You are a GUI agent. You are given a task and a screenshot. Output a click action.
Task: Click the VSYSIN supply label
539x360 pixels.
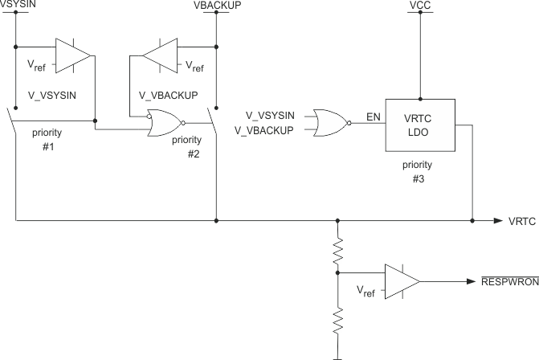point(15,5)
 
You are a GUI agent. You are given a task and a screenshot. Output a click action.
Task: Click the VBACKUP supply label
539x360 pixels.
point(217,5)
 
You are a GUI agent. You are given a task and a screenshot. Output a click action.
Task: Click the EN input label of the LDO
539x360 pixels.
point(374,117)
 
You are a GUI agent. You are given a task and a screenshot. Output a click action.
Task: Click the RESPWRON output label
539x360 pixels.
point(508,281)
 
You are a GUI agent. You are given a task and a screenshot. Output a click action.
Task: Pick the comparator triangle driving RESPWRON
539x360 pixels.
point(402,281)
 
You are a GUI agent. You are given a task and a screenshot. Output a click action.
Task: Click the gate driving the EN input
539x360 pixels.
point(330,123)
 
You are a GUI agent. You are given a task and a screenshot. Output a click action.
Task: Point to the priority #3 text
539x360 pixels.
point(419,173)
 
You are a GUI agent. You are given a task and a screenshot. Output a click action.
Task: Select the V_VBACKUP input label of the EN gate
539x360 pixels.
point(263,130)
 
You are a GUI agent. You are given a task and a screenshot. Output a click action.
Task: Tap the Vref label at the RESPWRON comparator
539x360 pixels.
point(365,290)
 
